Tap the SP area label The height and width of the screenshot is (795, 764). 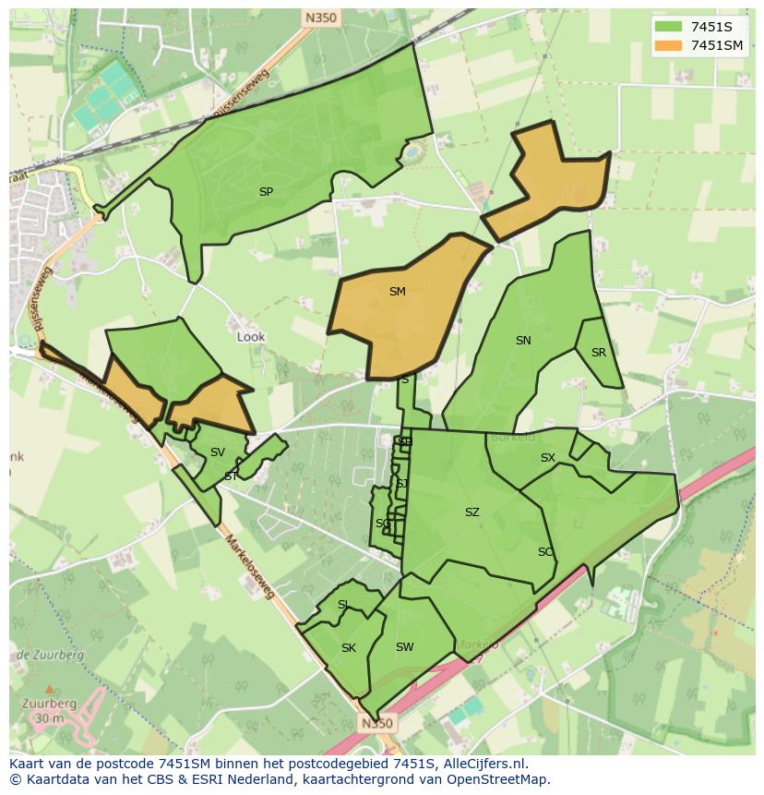tap(266, 192)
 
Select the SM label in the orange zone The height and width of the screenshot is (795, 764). tap(397, 292)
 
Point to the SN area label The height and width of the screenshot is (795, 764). tap(523, 341)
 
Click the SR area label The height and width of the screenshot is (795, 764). tap(599, 353)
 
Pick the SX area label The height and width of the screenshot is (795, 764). tap(548, 458)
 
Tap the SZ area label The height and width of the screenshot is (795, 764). tap(472, 512)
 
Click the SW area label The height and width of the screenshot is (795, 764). tap(404, 647)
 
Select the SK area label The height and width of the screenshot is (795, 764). tap(348, 648)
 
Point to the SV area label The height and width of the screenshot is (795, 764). tap(218, 452)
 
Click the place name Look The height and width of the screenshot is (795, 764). tap(251, 337)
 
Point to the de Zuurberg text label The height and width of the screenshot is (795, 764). tap(51, 655)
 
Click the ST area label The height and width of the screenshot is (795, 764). tap(230, 476)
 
